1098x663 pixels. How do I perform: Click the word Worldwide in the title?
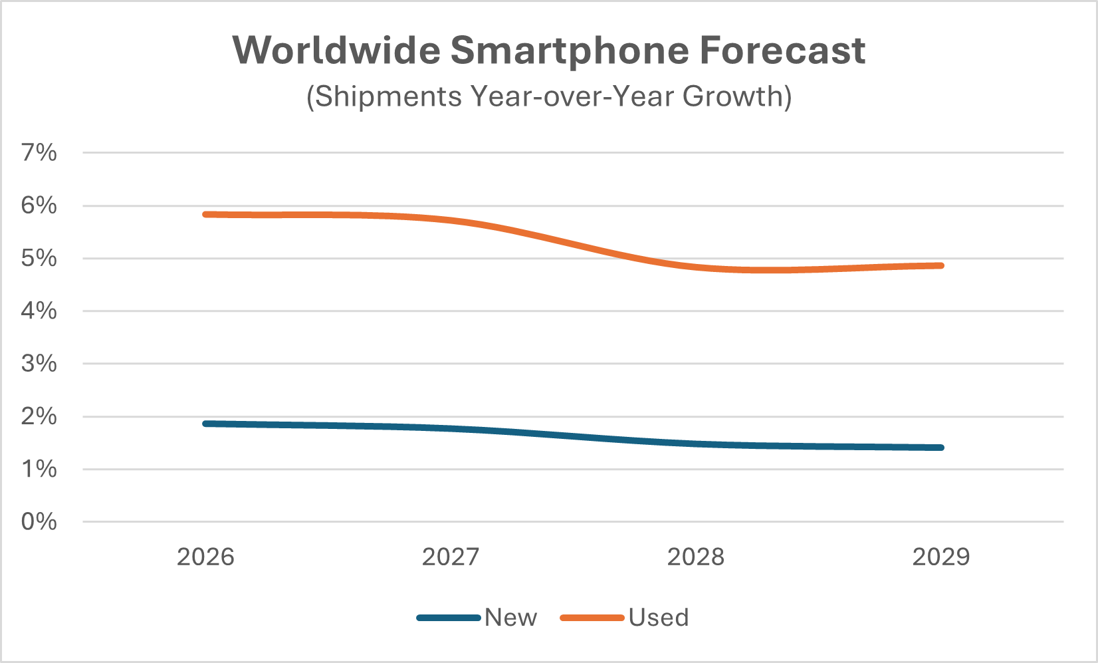(x=336, y=51)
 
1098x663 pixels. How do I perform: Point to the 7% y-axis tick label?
(x=39, y=153)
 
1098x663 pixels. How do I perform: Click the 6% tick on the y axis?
(x=39, y=205)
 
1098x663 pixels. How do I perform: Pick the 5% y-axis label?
(x=39, y=258)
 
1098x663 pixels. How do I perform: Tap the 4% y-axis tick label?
(x=39, y=311)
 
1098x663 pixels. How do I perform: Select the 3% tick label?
(x=39, y=363)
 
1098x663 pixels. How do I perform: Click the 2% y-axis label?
(x=39, y=416)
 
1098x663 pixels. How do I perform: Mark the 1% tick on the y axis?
(x=39, y=469)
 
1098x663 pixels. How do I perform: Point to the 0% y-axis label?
(x=39, y=521)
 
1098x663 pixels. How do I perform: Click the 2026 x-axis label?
(x=205, y=557)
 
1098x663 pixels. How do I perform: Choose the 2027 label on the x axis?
(x=451, y=557)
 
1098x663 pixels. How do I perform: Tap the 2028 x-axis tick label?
(x=696, y=557)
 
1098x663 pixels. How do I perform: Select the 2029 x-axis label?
(x=941, y=557)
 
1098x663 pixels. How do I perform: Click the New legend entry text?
(x=510, y=618)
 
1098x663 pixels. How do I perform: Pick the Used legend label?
(x=659, y=618)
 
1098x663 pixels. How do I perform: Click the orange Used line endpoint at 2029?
(x=940, y=266)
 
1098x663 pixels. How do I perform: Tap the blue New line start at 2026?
(x=206, y=424)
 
